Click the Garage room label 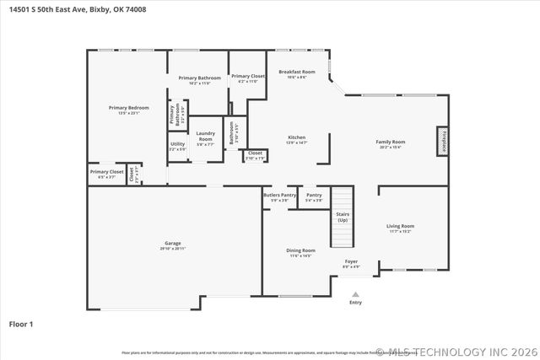coord(172,244)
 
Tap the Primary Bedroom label coord(129,108)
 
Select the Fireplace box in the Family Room coord(441,141)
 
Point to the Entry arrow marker coord(355,295)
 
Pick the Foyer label coord(351,262)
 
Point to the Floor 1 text coord(21,323)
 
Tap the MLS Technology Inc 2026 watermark coord(456,352)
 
